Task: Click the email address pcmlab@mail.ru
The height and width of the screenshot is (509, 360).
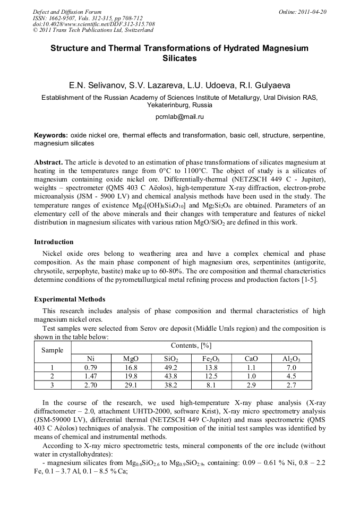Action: (179, 116)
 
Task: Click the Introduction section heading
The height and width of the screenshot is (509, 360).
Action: (54, 242)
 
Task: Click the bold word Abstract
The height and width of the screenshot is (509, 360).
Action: (48, 162)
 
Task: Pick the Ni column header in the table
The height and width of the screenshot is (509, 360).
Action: (90, 359)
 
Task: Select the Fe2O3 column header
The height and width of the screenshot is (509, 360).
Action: (211, 359)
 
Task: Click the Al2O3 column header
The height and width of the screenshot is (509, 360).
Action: (292, 359)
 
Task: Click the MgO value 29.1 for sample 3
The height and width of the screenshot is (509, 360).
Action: (131, 384)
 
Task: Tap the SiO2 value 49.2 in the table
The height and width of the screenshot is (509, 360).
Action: (171, 367)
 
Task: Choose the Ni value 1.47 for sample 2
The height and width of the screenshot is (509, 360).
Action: (90, 376)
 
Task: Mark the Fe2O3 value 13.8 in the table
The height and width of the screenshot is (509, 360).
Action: (211, 367)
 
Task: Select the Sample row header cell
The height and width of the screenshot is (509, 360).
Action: (53, 350)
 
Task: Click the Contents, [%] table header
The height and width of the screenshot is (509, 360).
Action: (191, 346)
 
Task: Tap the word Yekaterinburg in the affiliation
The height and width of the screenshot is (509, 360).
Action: (159, 105)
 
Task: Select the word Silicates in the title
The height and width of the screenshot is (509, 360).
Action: (179, 58)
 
